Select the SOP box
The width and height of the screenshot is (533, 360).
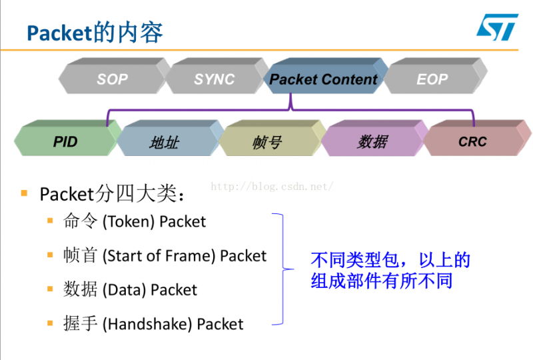(112, 79)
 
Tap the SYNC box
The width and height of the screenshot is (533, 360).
(214, 79)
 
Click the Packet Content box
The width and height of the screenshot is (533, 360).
(324, 79)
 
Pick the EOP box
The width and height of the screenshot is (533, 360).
(432, 79)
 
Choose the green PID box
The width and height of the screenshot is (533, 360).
(65, 141)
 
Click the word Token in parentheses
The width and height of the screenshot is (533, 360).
(129, 221)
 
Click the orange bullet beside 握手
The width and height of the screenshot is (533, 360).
(50, 323)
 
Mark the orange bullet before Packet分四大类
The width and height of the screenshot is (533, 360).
(24, 193)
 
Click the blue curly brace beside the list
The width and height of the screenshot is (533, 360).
(283, 269)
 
